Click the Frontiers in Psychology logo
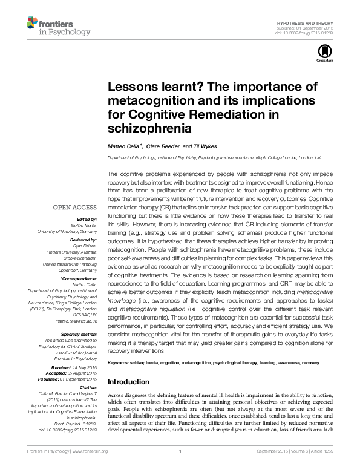(58, 26)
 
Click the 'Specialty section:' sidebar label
(80, 334)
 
